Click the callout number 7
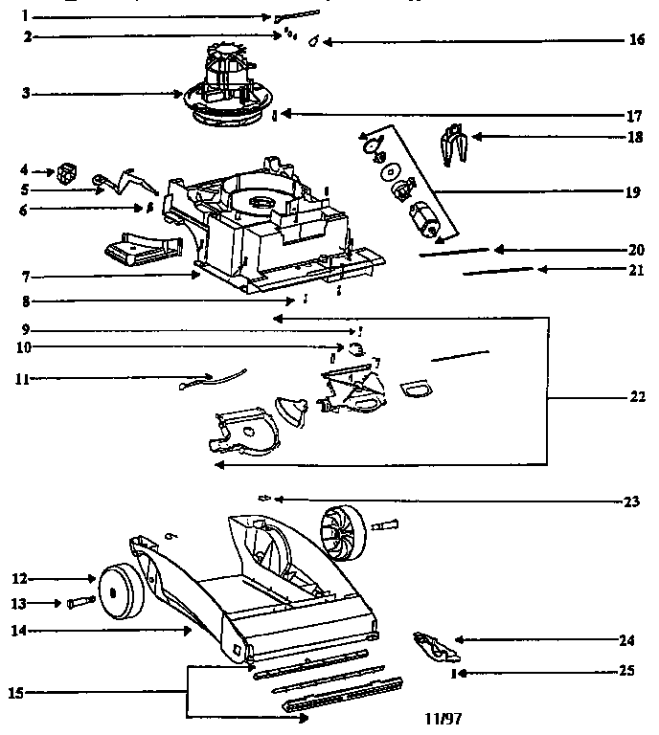28,277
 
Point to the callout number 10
28,345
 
